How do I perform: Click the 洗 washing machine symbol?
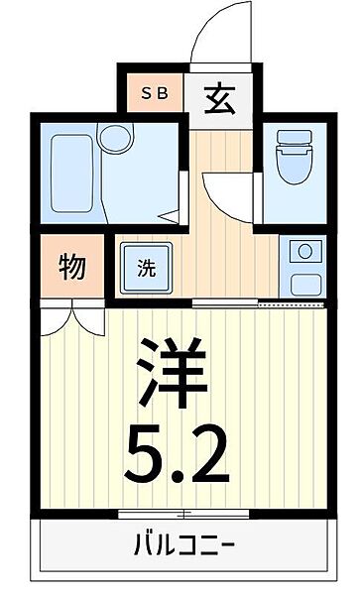tap(145, 267)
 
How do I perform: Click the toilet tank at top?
tap(294, 138)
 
